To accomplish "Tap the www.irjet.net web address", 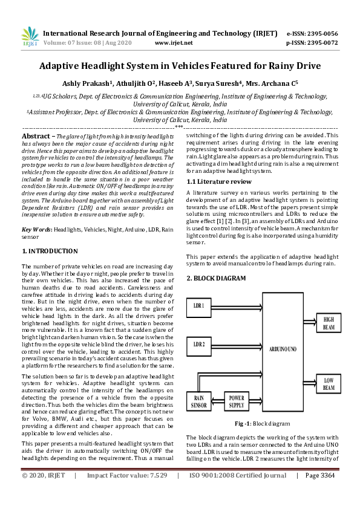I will pos(174,43).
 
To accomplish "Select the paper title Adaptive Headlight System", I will pos(180,66).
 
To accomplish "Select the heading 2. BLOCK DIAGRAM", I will pos(216,278).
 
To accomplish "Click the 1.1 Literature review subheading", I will pos(218,181).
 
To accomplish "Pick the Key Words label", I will pos(36,230).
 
